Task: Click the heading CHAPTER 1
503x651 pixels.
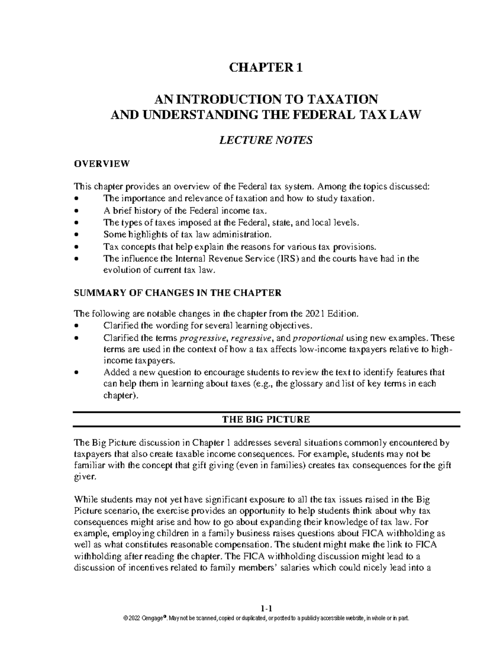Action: pos(264,68)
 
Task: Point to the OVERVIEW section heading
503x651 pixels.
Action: pos(102,164)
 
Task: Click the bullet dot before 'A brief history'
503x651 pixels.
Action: pos(76,211)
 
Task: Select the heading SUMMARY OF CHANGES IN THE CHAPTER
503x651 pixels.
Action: pos(177,293)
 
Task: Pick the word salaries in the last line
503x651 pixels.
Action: pos(295,569)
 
